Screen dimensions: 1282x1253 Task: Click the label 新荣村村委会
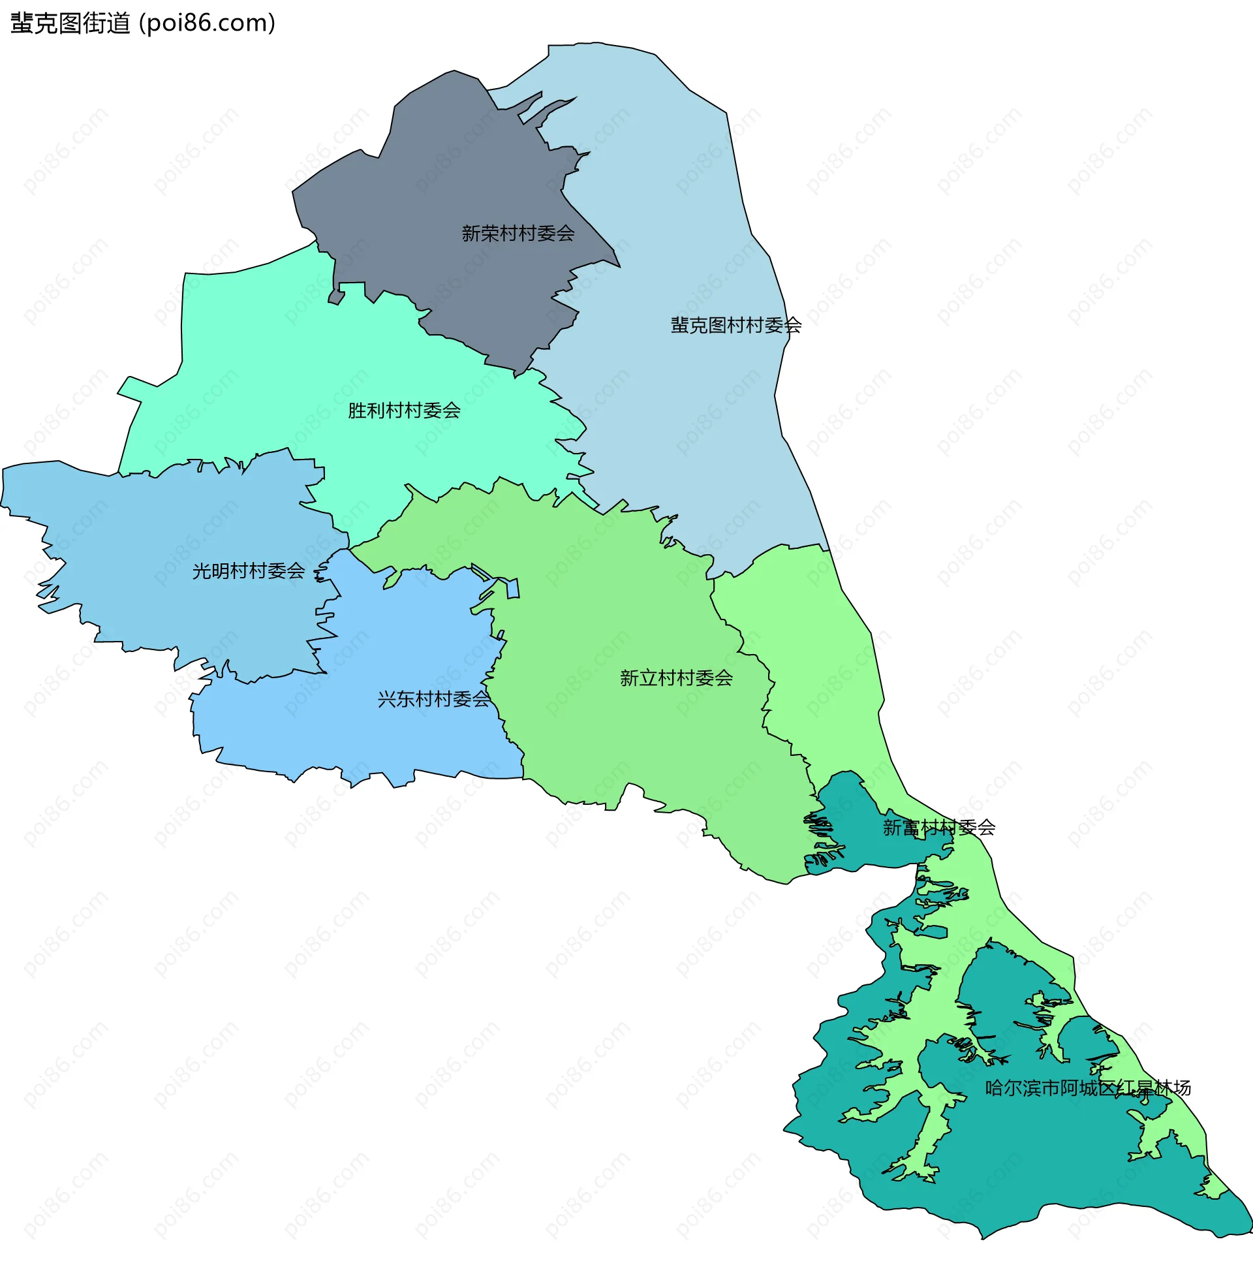pos(518,233)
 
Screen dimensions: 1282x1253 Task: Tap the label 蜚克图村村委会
pos(735,325)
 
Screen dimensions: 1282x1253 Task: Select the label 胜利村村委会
pos(404,411)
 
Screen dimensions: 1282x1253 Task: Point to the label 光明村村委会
pos(248,571)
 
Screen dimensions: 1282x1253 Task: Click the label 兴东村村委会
pos(434,699)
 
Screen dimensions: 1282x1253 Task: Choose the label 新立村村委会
pos(677,678)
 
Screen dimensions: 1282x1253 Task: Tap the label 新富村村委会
pos(939,827)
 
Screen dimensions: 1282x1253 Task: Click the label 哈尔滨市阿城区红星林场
pos(1088,1088)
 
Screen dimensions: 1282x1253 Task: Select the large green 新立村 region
pos(625,625)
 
